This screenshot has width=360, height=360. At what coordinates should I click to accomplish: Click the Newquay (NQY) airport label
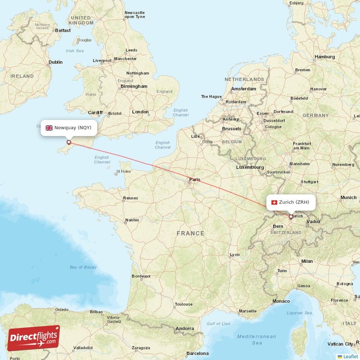[68, 128]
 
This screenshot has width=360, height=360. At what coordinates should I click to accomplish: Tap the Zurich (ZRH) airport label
[290, 202]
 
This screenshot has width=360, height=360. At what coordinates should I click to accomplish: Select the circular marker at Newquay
[69, 142]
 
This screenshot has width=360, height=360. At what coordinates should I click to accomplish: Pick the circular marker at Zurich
[291, 216]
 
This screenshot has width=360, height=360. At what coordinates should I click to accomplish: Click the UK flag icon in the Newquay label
[49, 128]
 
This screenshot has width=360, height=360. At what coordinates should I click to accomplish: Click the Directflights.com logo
[34, 337]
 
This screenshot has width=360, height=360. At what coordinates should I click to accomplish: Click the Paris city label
[194, 180]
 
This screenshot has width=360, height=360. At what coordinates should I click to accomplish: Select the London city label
[140, 112]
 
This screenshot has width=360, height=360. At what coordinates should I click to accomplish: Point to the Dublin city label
[55, 62]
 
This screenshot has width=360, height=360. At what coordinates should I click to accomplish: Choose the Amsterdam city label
[243, 89]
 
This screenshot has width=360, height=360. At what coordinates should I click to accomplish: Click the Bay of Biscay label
[83, 267]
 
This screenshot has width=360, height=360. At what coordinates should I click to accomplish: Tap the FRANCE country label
[190, 234]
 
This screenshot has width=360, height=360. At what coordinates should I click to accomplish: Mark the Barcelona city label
[197, 353]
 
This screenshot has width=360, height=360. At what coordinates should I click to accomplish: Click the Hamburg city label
[324, 57]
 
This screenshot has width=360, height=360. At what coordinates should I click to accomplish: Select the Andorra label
[185, 329]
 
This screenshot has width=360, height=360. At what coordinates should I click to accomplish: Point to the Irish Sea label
[75, 51]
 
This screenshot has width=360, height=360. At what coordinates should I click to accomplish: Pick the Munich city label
[348, 198]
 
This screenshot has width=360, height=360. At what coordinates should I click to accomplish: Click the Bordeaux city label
[140, 276]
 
